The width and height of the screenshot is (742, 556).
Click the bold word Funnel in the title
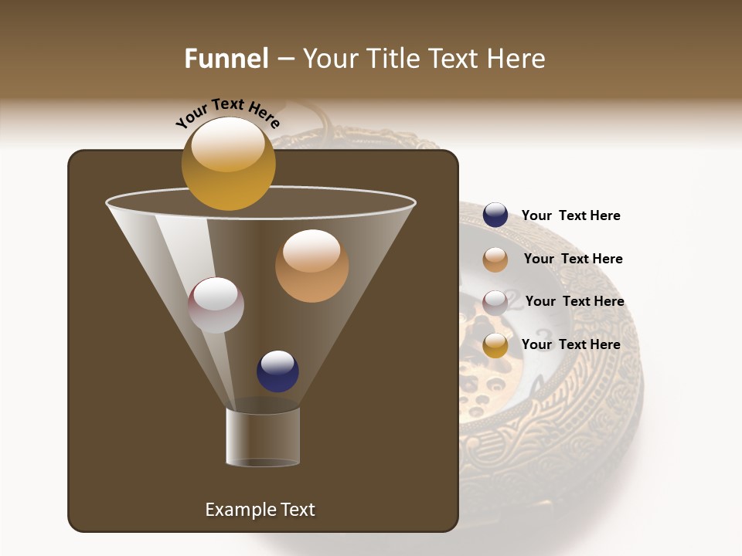(226, 59)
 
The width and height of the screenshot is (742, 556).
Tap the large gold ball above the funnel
(228, 164)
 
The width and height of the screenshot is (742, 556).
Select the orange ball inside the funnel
(311, 266)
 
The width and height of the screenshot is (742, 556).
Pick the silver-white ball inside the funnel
(216, 305)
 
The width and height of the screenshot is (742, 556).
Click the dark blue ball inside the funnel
(277, 371)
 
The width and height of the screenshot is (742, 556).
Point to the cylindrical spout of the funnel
(263, 437)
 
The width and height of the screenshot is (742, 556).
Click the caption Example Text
(260, 510)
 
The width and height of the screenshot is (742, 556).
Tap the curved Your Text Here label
(227, 113)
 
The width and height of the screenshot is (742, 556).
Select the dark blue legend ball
(495, 215)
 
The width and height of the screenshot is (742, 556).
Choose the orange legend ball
(495, 259)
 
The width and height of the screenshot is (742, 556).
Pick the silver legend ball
(495, 303)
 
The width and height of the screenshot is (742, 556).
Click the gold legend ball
(495, 345)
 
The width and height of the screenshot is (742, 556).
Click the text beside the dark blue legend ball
(570, 216)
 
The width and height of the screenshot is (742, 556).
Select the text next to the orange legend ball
(573, 259)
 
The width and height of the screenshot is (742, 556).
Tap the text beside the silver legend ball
(574, 302)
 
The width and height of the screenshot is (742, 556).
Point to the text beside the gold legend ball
(570, 345)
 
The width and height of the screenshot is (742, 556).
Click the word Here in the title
(519, 59)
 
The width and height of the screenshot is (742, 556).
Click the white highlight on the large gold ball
(227, 144)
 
